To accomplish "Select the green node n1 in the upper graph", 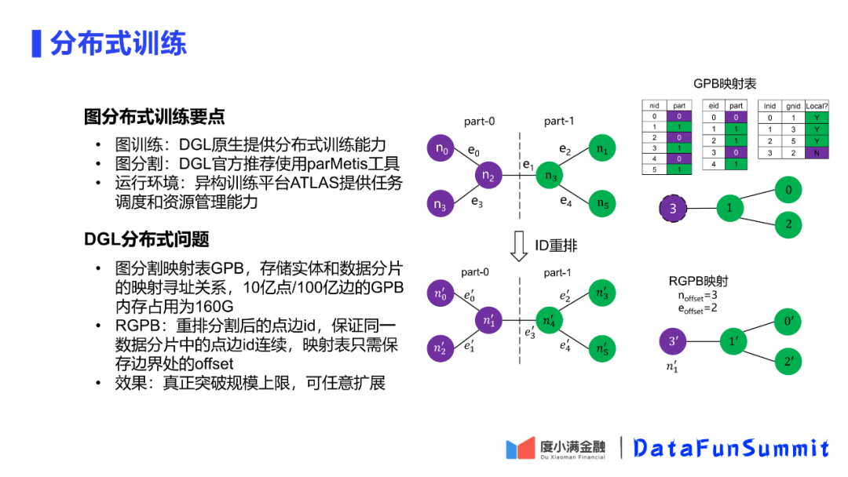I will click(x=601, y=147).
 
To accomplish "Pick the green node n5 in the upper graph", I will click(x=601, y=204).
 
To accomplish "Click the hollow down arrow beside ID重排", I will click(x=518, y=246).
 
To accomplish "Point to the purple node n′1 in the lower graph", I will click(x=490, y=320).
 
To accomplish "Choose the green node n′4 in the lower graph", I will click(x=550, y=320).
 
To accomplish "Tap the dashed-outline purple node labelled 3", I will click(x=673, y=208).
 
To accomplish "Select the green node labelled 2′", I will click(x=787, y=361).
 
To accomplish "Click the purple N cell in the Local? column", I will click(x=817, y=154).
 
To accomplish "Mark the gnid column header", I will click(x=793, y=106).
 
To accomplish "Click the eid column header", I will click(x=714, y=106).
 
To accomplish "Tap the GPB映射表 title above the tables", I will click(x=724, y=84).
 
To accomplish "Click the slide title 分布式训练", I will click(x=118, y=42).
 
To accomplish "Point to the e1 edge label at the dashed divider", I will click(x=528, y=166).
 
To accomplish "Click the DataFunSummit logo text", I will click(x=730, y=448).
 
